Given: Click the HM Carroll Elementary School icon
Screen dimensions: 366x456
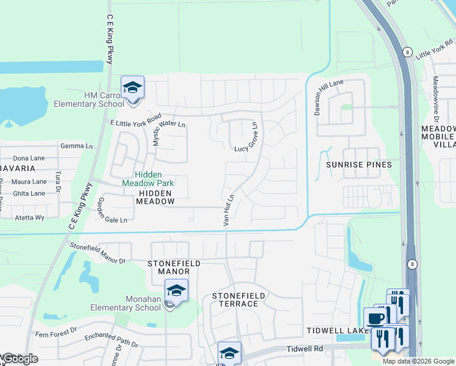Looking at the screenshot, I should click(x=132, y=88).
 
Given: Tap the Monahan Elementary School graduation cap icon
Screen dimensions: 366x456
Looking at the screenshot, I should click(x=176, y=290).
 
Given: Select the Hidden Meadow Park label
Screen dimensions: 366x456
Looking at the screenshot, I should click(x=148, y=178).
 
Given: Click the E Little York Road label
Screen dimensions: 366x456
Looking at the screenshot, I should click(x=135, y=120).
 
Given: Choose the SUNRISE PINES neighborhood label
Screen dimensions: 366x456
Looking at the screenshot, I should click(x=358, y=165).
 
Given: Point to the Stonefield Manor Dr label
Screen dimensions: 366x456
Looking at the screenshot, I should click(x=98, y=253).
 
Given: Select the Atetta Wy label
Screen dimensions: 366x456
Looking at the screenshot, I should click(x=30, y=217).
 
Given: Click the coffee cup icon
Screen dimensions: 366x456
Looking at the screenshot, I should click(x=375, y=318).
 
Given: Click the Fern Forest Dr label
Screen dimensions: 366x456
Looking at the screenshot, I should click(x=56, y=331).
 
